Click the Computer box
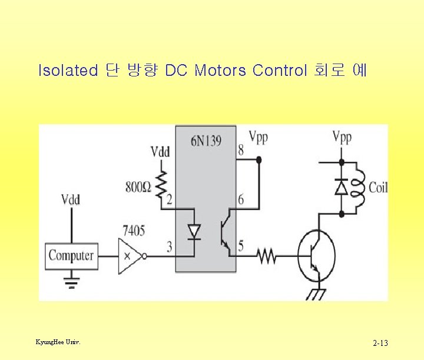pos(71,256)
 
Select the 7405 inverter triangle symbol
pos(130,256)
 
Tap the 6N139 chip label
pos(206,141)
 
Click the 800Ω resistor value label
pos(139,187)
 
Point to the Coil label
pos(378,188)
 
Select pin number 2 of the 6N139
pos(169,200)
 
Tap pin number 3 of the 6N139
pos(169,246)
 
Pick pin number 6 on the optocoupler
pos(241,199)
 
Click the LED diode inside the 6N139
pos(194,231)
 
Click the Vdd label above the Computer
pos(71,199)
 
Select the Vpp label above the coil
pos(342,138)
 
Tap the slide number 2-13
pos(380,343)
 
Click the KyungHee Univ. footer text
pos(58,341)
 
